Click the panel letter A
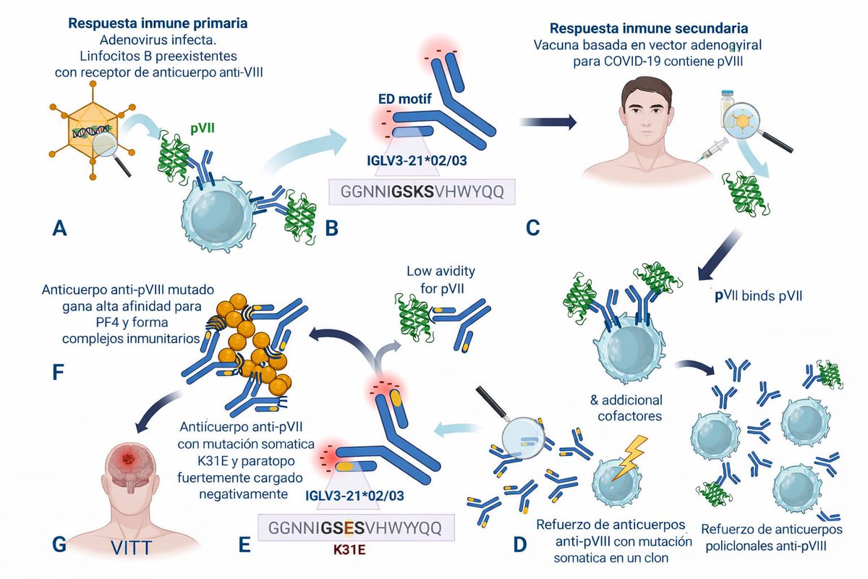coord(59,229)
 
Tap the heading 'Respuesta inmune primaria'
coord(158,23)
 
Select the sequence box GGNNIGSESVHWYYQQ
coord(354,527)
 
